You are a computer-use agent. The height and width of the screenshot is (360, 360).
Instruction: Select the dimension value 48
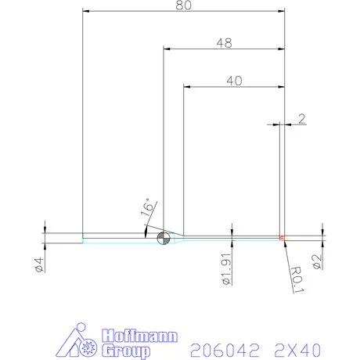click(x=224, y=45)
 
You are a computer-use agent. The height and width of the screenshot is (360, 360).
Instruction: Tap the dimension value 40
click(x=233, y=79)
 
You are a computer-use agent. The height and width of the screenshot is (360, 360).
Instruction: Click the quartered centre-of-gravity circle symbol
click(x=164, y=238)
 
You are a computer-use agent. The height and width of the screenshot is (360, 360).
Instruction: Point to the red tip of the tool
click(x=282, y=237)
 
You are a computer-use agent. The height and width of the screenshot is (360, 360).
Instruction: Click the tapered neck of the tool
click(x=177, y=238)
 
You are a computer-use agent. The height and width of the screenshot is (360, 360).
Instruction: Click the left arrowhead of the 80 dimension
click(x=86, y=12)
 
